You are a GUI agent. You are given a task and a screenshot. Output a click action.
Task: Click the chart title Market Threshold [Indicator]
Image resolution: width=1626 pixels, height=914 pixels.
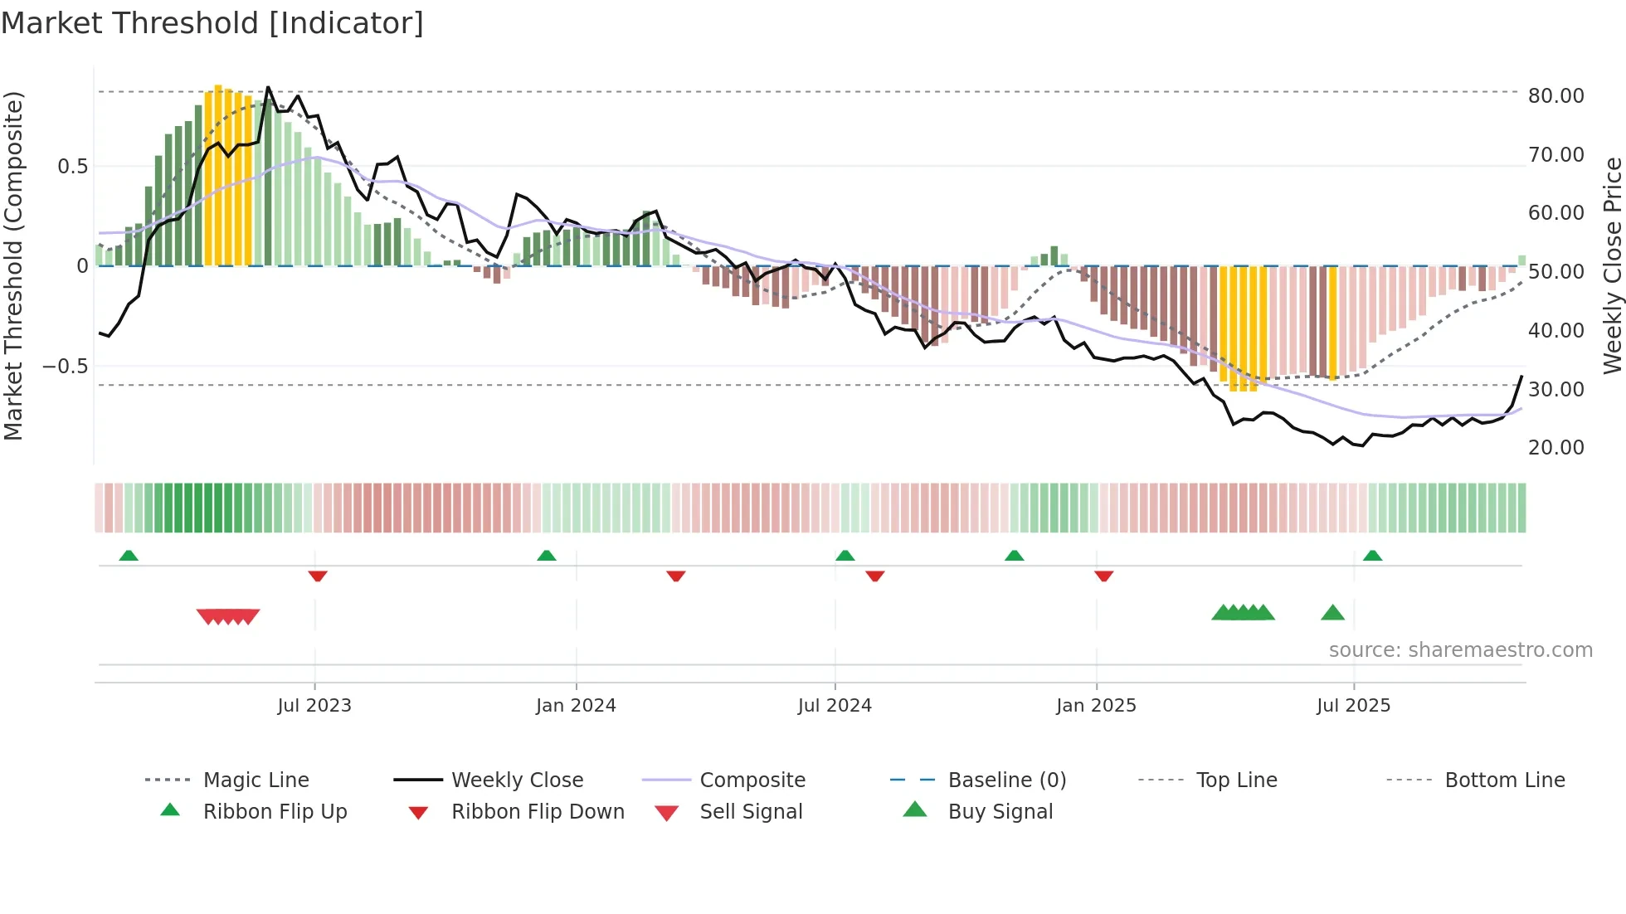tap(212, 23)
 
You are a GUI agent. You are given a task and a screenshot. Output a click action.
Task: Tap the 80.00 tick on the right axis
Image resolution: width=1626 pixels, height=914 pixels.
tap(1555, 96)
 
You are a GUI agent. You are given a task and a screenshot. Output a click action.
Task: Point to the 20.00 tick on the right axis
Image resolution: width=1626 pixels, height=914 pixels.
tap(1555, 448)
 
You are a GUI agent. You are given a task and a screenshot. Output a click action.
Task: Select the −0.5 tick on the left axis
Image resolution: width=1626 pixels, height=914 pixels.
tap(66, 367)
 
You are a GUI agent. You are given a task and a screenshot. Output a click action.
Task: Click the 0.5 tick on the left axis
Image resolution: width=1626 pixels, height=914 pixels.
tap(72, 167)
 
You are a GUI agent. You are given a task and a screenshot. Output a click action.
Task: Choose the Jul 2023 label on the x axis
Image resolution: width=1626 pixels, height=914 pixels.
tap(314, 706)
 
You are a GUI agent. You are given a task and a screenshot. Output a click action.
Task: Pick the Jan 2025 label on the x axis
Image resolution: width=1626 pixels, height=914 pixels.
tap(1096, 706)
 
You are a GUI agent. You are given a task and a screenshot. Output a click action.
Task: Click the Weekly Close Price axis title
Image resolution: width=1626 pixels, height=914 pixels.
tap(1612, 265)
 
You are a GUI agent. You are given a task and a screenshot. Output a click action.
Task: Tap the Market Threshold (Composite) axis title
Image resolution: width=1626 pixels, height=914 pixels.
tap(13, 265)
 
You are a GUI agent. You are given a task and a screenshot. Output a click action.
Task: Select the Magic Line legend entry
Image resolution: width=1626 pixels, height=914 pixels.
tap(256, 780)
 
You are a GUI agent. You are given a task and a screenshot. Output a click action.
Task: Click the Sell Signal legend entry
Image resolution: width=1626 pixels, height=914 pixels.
tap(751, 812)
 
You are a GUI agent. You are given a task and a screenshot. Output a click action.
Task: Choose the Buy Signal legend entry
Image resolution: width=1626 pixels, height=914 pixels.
tap(1000, 812)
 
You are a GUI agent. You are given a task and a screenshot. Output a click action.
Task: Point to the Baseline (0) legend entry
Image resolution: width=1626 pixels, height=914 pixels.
tap(1006, 780)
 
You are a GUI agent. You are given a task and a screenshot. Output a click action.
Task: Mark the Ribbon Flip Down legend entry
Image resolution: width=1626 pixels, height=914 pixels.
tap(538, 812)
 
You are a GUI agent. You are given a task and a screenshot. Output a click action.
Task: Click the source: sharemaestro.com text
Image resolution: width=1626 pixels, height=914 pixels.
tap(1460, 650)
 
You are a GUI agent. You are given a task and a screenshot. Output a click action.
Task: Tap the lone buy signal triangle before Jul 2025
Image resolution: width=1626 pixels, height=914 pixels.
tap(1332, 613)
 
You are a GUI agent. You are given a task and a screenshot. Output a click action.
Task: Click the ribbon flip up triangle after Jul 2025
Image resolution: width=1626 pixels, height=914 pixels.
tap(1372, 556)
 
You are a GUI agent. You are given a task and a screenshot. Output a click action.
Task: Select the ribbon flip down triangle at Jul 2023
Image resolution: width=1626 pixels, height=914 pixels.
tap(318, 576)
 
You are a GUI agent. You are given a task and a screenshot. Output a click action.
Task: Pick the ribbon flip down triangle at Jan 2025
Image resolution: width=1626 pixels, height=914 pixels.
tap(1103, 576)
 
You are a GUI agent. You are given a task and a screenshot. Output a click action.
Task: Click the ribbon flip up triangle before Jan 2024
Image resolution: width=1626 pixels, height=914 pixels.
tap(546, 556)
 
